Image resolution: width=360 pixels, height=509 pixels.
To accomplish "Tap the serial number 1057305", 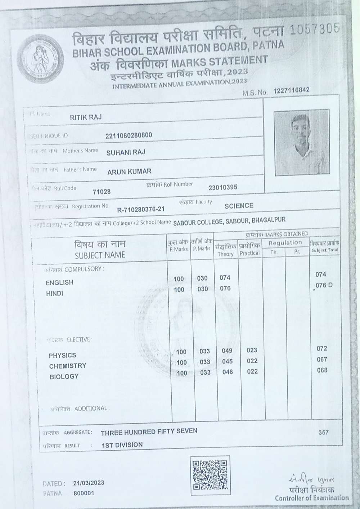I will pyautogui.click(x=314, y=29).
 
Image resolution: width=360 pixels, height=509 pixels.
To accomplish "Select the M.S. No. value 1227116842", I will pyautogui.click(x=291, y=90).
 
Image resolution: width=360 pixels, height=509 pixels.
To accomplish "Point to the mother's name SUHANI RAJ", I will pyautogui.click(x=126, y=152).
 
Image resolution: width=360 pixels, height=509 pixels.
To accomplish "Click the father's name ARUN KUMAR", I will pyautogui.click(x=129, y=171).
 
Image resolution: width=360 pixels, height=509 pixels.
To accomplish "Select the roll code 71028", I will pyautogui.click(x=102, y=192).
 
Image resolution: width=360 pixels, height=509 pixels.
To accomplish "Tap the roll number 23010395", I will pyautogui.click(x=223, y=188).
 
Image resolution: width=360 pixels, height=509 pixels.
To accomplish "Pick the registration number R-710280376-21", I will pyautogui.click(x=141, y=209).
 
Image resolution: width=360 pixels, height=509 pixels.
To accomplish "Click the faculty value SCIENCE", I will pyautogui.click(x=239, y=206).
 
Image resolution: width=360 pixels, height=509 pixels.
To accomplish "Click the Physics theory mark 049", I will pyautogui.click(x=227, y=351).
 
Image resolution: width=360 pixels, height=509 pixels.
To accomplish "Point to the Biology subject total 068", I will pyautogui.click(x=322, y=370).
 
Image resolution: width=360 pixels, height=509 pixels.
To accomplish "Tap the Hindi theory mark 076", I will pyautogui.click(x=225, y=288).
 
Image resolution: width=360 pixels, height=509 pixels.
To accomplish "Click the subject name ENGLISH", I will pyautogui.click(x=59, y=283).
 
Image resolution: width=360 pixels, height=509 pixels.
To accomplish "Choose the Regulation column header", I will pyautogui.click(x=285, y=243).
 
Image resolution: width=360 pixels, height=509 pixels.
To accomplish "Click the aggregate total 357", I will pyautogui.click(x=323, y=432).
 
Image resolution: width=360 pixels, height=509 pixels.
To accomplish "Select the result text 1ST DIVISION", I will pyautogui.click(x=122, y=445).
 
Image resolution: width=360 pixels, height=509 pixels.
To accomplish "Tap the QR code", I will pyautogui.click(x=210, y=475).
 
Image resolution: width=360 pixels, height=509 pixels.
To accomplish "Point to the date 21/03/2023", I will pyautogui.click(x=88, y=483).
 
